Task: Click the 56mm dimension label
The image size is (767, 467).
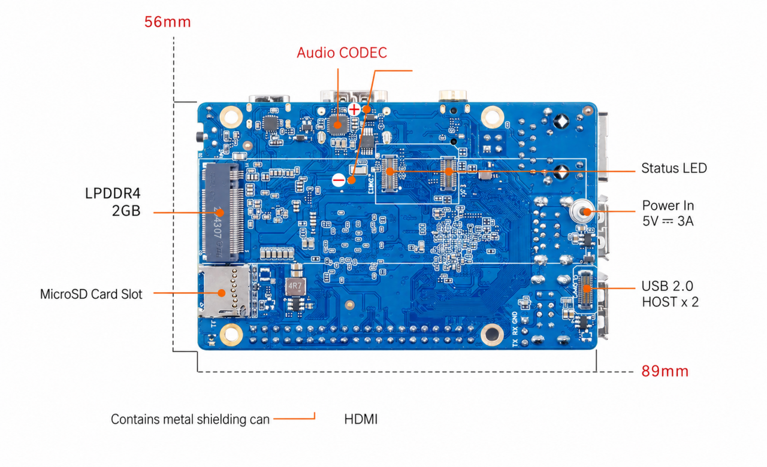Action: click(167, 22)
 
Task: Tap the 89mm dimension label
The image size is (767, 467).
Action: click(665, 371)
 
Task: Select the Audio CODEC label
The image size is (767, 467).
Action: click(342, 53)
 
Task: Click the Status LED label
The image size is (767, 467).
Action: click(674, 168)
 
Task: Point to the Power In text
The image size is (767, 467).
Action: click(668, 205)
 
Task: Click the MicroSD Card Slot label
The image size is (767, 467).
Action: click(91, 294)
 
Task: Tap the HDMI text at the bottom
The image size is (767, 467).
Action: click(361, 420)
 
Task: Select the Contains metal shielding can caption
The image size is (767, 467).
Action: click(190, 420)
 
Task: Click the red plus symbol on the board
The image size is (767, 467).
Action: click(354, 110)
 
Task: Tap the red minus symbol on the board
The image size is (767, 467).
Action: click(339, 180)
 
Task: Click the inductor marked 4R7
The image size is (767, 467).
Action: click(295, 286)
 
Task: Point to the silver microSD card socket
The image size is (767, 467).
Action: click(224, 291)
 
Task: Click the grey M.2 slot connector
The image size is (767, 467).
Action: click(222, 212)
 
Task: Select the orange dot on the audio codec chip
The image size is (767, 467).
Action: click(337, 125)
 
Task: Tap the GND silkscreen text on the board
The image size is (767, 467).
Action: click(515, 318)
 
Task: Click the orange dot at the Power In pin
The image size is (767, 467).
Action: click(587, 212)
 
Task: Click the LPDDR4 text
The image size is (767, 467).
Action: click(113, 193)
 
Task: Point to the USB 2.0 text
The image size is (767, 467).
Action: click(667, 286)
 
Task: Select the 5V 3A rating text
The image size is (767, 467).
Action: click(668, 222)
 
